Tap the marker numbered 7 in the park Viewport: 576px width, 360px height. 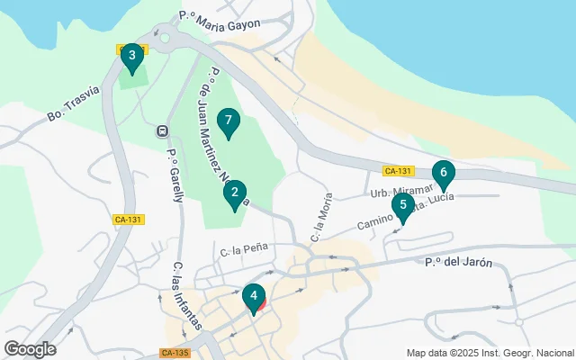coord(229,121)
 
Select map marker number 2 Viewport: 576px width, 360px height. coord(235,193)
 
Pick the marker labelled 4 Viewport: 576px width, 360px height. coord(255,296)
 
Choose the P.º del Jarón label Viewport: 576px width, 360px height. coord(459,263)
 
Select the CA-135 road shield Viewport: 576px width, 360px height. coord(175,354)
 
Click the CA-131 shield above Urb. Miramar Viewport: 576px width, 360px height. coord(397,171)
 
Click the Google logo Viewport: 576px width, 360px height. coord(30,349)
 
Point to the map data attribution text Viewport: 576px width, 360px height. coord(490,353)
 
